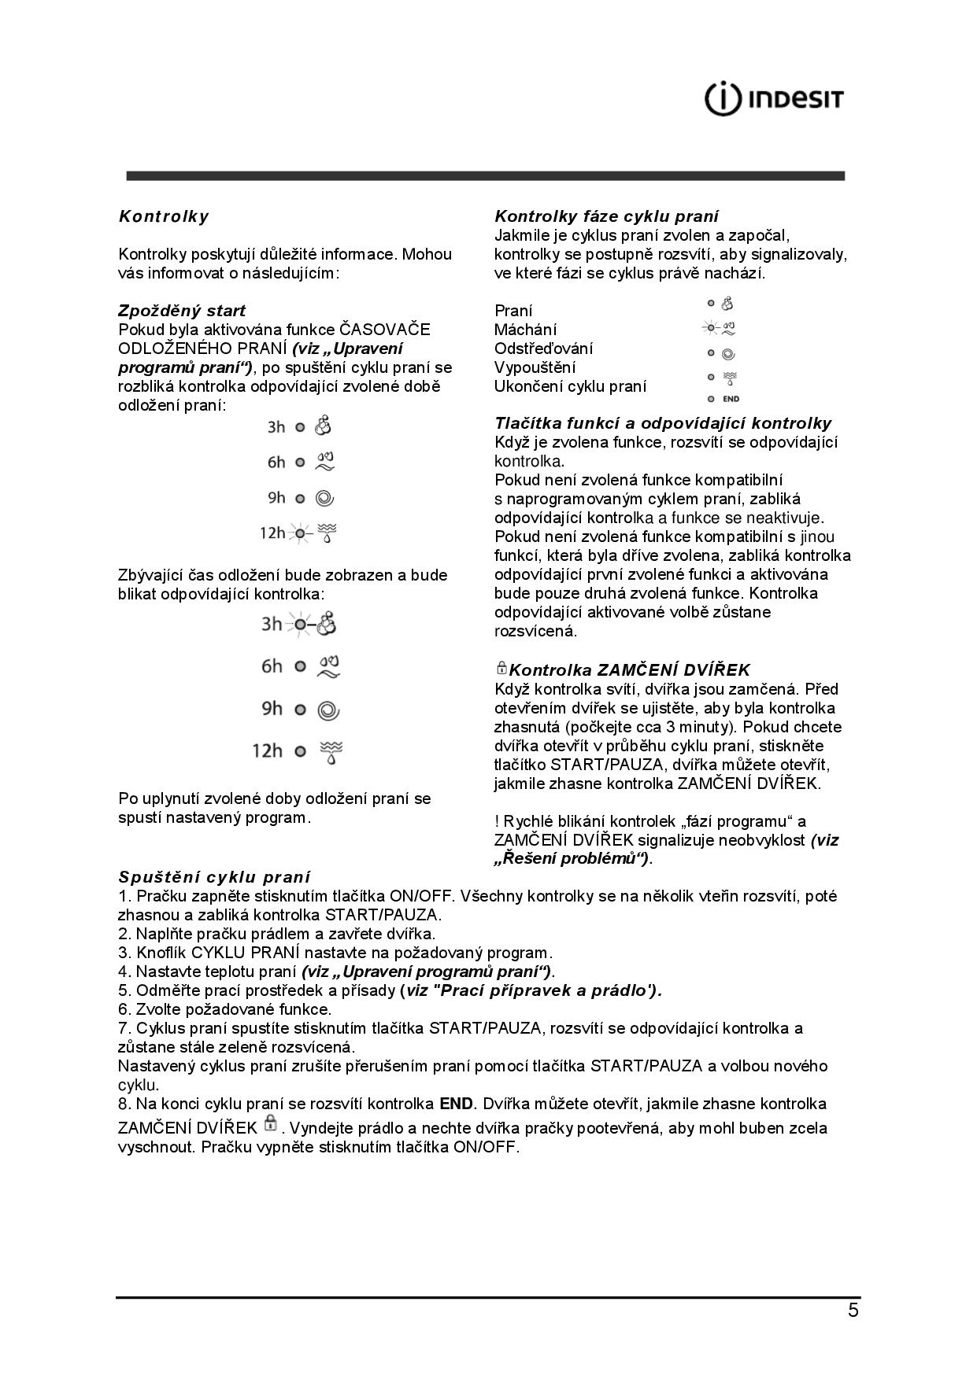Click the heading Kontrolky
[164, 216]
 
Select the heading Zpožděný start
[182, 311]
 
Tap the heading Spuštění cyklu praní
[214, 877]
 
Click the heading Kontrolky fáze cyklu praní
[606, 216]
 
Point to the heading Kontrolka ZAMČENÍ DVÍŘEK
[629, 670]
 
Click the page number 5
[853, 1311]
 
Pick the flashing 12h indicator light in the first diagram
[300, 533]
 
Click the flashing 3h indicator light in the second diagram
[300, 625]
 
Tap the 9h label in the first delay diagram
[276, 498]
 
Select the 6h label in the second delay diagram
[272, 667]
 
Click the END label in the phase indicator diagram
[731, 399]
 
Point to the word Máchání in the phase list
[525, 330]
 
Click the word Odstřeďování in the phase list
[543, 348]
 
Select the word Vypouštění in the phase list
[535, 367]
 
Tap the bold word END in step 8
[457, 1104]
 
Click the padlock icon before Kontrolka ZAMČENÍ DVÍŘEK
[501, 669]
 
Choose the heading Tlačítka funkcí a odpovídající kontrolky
[663, 424]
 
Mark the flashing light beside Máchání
[711, 329]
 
